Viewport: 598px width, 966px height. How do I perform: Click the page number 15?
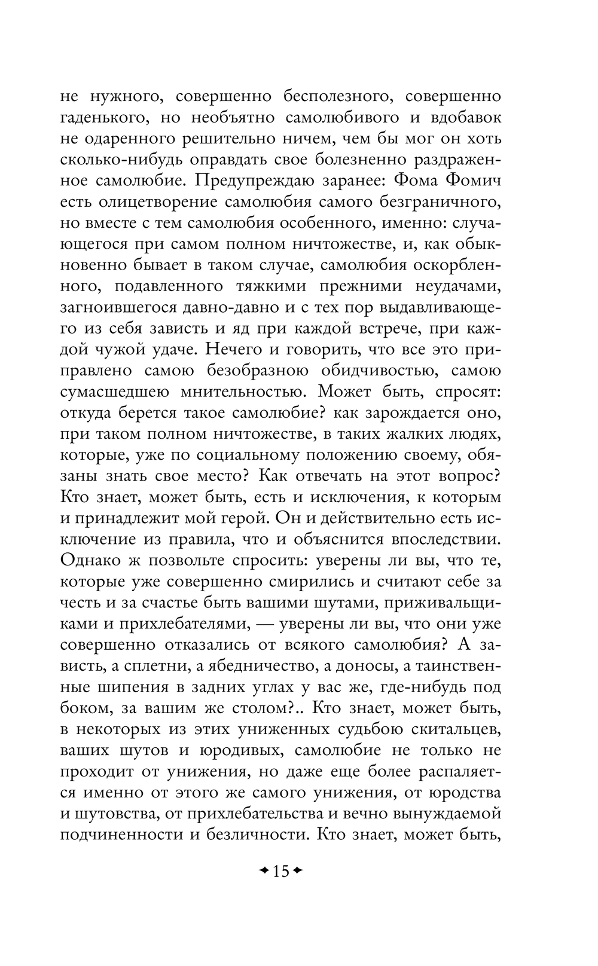[x=280, y=871]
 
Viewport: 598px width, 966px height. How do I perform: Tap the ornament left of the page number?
[x=263, y=871]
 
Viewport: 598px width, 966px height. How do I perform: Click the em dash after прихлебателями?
[x=282, y=623]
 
